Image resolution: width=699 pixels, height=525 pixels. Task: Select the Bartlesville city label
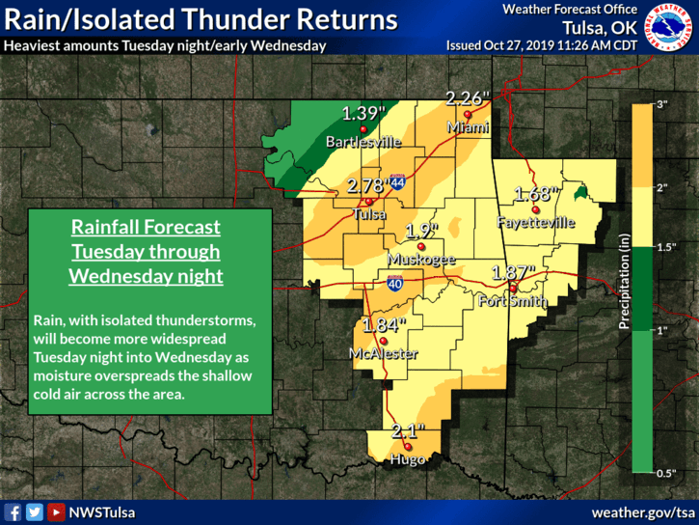363,142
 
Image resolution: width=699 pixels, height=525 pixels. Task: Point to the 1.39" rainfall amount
363,114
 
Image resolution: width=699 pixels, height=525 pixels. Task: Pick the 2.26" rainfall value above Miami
468,97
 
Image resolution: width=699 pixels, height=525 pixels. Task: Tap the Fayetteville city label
536,222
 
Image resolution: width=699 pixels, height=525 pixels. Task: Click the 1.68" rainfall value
536,194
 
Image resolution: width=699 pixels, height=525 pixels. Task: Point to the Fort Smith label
513,301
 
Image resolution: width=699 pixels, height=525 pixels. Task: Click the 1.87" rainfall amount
514,272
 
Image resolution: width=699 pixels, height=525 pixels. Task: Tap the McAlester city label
384,354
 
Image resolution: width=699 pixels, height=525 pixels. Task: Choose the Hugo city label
408,461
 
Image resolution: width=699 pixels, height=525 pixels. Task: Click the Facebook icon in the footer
13,511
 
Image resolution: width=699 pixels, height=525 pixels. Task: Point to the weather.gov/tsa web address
643,511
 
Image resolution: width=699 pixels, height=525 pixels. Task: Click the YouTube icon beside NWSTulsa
56,511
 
